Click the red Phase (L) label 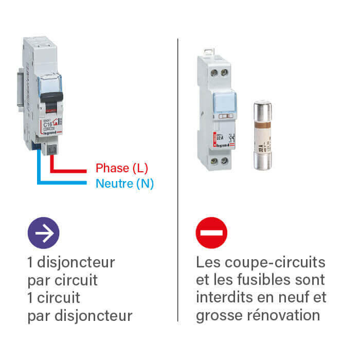pyautogui.click(x=122, y=168)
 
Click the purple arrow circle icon pyautogui.click(x=43, y=233)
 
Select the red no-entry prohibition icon pyautogui.click(x=211, y=233)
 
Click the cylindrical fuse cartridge pyautogui.click(x=263, y=135)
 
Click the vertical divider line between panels pyautogui.click(x=178, y=180)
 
